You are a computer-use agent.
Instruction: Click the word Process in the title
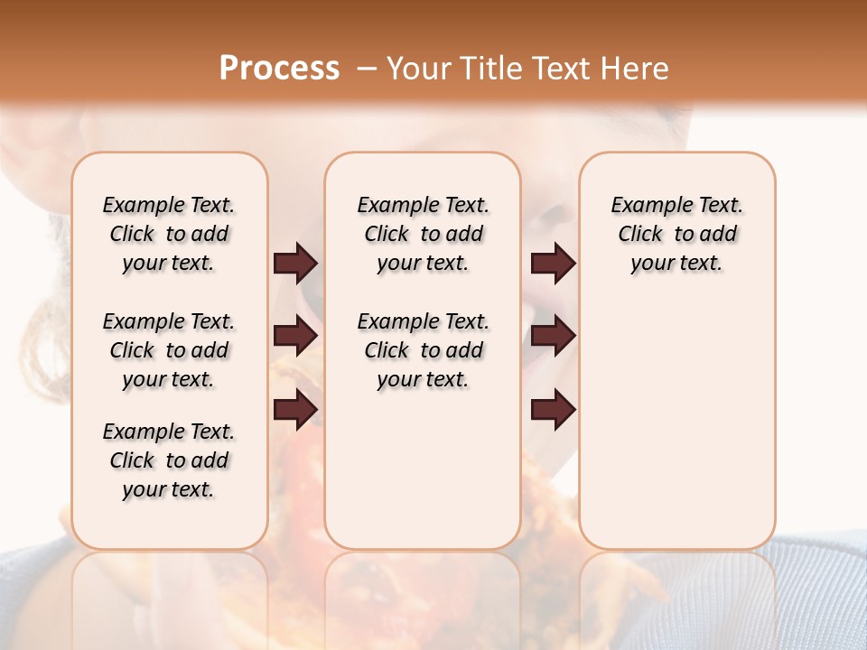pos(279,69)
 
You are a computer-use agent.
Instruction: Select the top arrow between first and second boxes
pos(295,263)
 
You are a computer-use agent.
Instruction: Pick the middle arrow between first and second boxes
pos(295,337)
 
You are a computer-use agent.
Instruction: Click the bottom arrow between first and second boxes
pos(295,411)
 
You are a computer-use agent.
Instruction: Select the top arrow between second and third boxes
pos(554,263)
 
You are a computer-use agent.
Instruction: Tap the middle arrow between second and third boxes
pos(554,337)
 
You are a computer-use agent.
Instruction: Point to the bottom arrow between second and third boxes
pos(554,411)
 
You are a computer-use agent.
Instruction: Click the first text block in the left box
pos(169,234)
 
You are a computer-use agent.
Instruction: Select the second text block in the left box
pos(169,350)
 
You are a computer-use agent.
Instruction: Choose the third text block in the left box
pos(169,460)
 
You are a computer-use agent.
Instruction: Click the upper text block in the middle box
pos(423,234)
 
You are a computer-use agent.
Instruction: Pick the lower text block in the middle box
pos(423,350)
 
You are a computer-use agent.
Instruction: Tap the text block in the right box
pos(677,234)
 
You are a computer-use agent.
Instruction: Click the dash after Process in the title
pos(366,69)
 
